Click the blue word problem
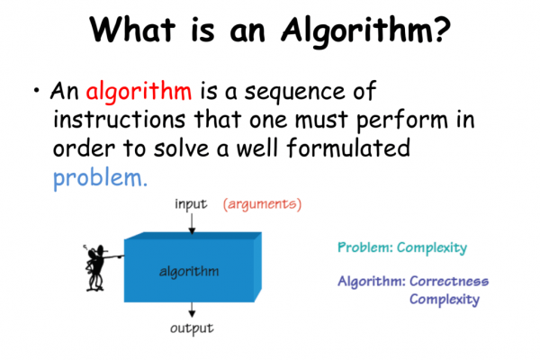click(96, 176)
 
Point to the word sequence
click(297, 92)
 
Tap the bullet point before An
click(36, 92)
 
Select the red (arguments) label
click(262, 204)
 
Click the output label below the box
click(193, 328)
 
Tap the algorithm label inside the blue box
click(190, 270)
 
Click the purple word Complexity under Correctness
click(444, 299)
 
